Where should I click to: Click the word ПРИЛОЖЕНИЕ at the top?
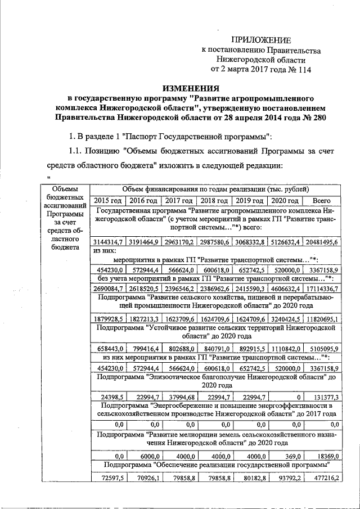click(x=262, y=40)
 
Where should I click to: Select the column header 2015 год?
click(x=107, y=201)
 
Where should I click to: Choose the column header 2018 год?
click(x=214, y=201)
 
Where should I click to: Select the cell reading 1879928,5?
click(x=109, y=318)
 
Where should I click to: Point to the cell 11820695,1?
click(x=319, y=318)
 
